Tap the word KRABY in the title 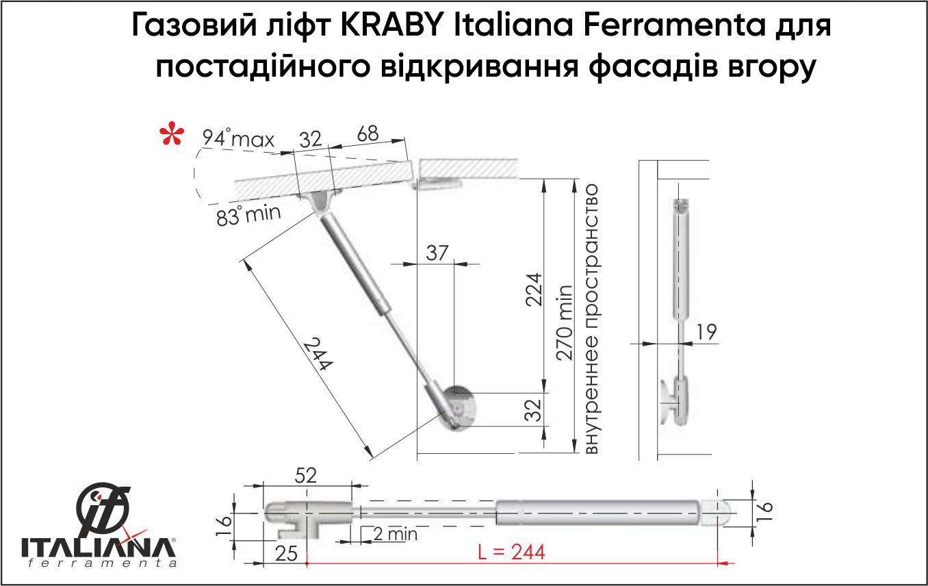coord(392,25)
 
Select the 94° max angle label coord(238,138)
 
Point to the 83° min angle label coord(248,215)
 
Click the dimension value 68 coord(368,134)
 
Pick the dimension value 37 coord(437,253)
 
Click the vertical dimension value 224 coord(534,290)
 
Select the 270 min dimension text coord(564,322)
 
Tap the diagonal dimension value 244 coord(318,355)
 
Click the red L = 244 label coord(511,552)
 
